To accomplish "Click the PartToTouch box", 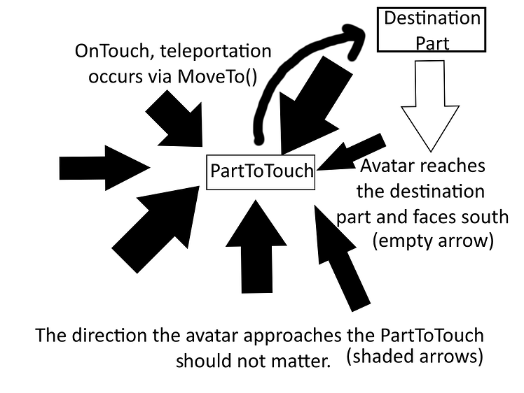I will pos(261,171).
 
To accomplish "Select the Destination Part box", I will pos(432,29).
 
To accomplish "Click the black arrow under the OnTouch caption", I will pos(175,123).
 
